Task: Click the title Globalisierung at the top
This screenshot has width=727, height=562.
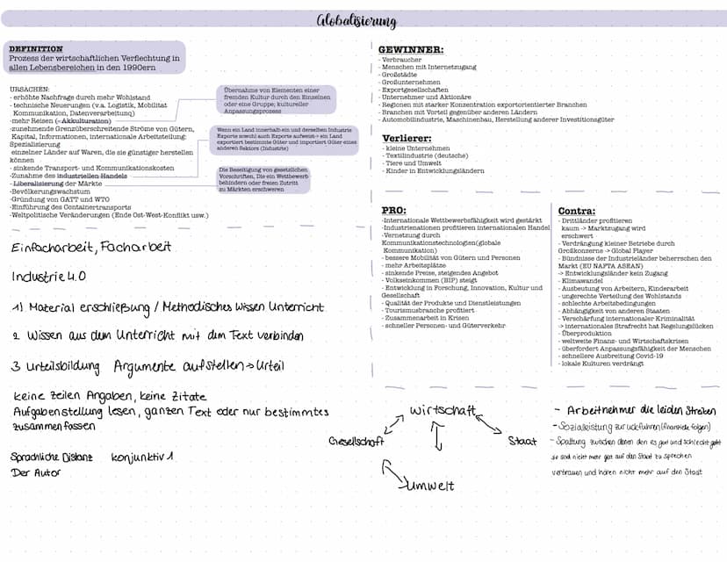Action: click(x=363, y=21)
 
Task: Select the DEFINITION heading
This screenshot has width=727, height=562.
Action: click(x=35, y=48)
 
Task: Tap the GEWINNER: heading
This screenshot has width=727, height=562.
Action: click(x=410, y=50)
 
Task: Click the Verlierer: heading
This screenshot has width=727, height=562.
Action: click(x=407, y=138)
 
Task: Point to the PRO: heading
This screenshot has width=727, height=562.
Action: click(x=394, y=211)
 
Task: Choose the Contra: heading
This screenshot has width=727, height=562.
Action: click(x=577, y=211)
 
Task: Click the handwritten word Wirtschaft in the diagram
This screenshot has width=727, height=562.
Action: click(x=443, y=411)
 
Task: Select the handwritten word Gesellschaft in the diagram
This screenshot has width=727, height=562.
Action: click(x=356, y=441)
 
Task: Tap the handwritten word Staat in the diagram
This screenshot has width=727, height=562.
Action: click(x=522, y=441)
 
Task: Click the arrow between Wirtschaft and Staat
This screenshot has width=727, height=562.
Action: click(x=490, y=426)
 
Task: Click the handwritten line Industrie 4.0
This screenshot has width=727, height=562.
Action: click(x=49, y=277)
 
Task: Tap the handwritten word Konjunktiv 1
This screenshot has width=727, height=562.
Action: click(x=142, y=458)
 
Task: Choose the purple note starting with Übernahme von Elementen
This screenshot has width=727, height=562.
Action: click(x=277, y=100)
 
